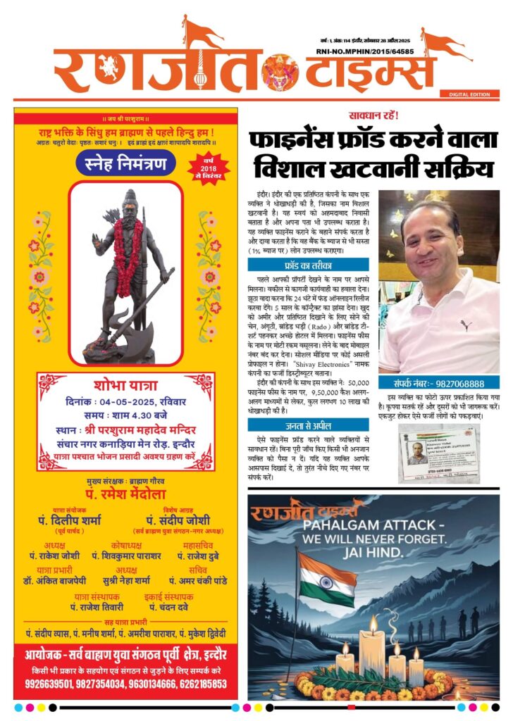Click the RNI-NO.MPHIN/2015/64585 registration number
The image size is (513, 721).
[376, 51]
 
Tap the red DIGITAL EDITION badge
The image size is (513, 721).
[469, 94]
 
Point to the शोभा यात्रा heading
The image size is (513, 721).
[125, 385]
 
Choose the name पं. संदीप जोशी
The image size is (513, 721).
[185, 521]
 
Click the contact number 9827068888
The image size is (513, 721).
[456, 384]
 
